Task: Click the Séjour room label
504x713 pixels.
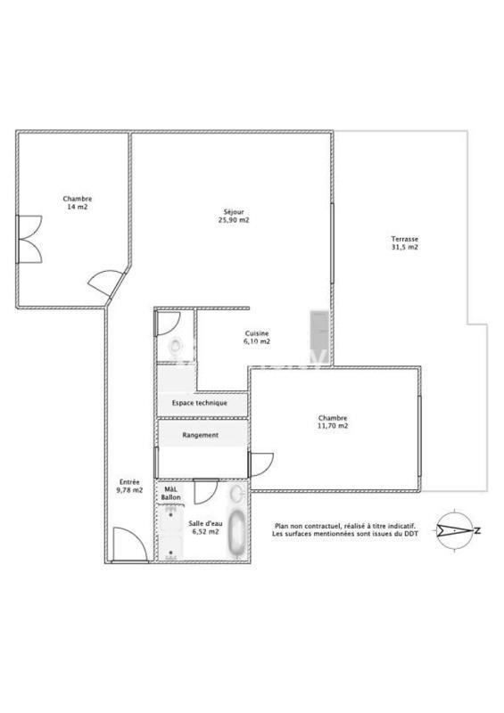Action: coord(235,211)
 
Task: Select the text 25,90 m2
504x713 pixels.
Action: coord(235,220)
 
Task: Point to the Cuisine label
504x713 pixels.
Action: coord(257,333)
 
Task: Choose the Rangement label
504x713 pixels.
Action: coord(200,436)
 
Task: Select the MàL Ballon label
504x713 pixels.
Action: coord(170,492)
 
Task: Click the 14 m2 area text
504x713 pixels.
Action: coord(77,207)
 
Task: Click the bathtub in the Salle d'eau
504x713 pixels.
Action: coord(236,535)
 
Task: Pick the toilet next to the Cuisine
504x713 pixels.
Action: coord(175,347)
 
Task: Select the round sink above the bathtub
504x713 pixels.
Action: coord(236,495)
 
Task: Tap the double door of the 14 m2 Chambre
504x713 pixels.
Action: coord(29,239)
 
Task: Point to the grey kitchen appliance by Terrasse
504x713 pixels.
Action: coord(318,337)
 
